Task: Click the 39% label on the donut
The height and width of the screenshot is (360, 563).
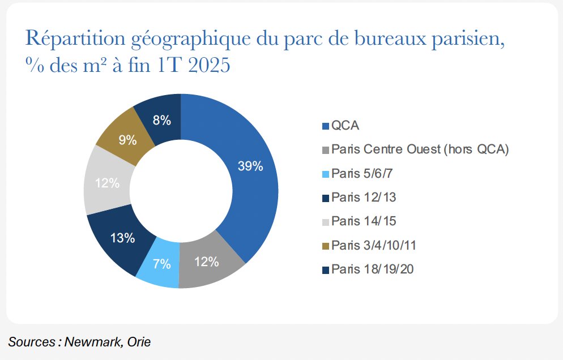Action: pyautogui.click(x=250, y=166)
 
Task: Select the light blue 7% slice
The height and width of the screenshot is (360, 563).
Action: pyautogui.click(x=162, y=264)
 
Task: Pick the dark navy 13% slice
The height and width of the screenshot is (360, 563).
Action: pyautogui.click(x=122, y=238)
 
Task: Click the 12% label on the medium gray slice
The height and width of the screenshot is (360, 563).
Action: pyautogui.click(x=206, y=262)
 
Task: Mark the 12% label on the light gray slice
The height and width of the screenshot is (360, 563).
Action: pyautogui.click(x=107, y=183)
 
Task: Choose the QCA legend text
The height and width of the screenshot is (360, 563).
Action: pyautogui.click(x=346, y=126)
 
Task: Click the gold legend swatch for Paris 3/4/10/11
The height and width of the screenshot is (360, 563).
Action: pyautogui.click(x=325, y=245)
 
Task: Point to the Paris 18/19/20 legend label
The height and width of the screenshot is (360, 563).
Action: pyautogui.click(x=372, y=269)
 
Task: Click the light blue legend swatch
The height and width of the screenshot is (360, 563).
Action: pyautogui.click(x=325, y=173)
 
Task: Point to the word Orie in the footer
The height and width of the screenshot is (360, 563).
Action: pyautogui.click(x=138, y=342)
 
